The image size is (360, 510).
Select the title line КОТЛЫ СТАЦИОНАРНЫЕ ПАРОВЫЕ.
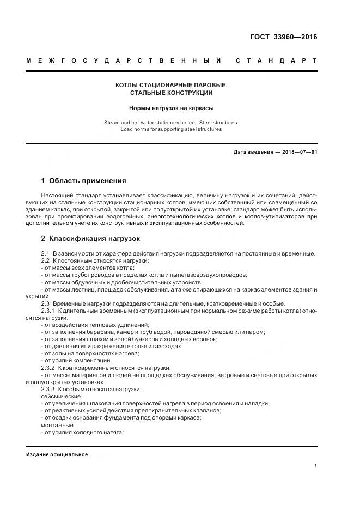pyautogui.click(x=171, y=86)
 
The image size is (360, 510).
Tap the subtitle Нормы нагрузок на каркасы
pyautogui.click(x=171, y=108)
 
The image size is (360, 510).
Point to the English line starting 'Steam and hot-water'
pyautogui.click(x=171, y=123)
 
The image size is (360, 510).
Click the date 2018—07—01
pyautogui.click(x=299, y=152)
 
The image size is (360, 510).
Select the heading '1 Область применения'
pyautogui.click(x=83, y=180)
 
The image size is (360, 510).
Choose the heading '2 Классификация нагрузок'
pyautogui.click(x=90, y=238)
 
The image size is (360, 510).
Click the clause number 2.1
pyautogui.click(x=45, y=254)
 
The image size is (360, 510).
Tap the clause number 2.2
pyautogui.click(x=45, y=261)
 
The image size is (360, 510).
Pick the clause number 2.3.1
pyautogui.click(x=48, y=311)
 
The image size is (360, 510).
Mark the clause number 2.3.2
pyautogui.click(x=48, y=368)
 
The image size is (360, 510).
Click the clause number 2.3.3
pyautogui.click(x=48, y=389)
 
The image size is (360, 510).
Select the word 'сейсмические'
pyautogui.click(x=60, y=396)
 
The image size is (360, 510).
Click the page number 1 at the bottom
pyautogui.click(x=315, y=466)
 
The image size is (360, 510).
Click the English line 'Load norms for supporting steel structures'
pyautogui.click(x=171, y=129)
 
